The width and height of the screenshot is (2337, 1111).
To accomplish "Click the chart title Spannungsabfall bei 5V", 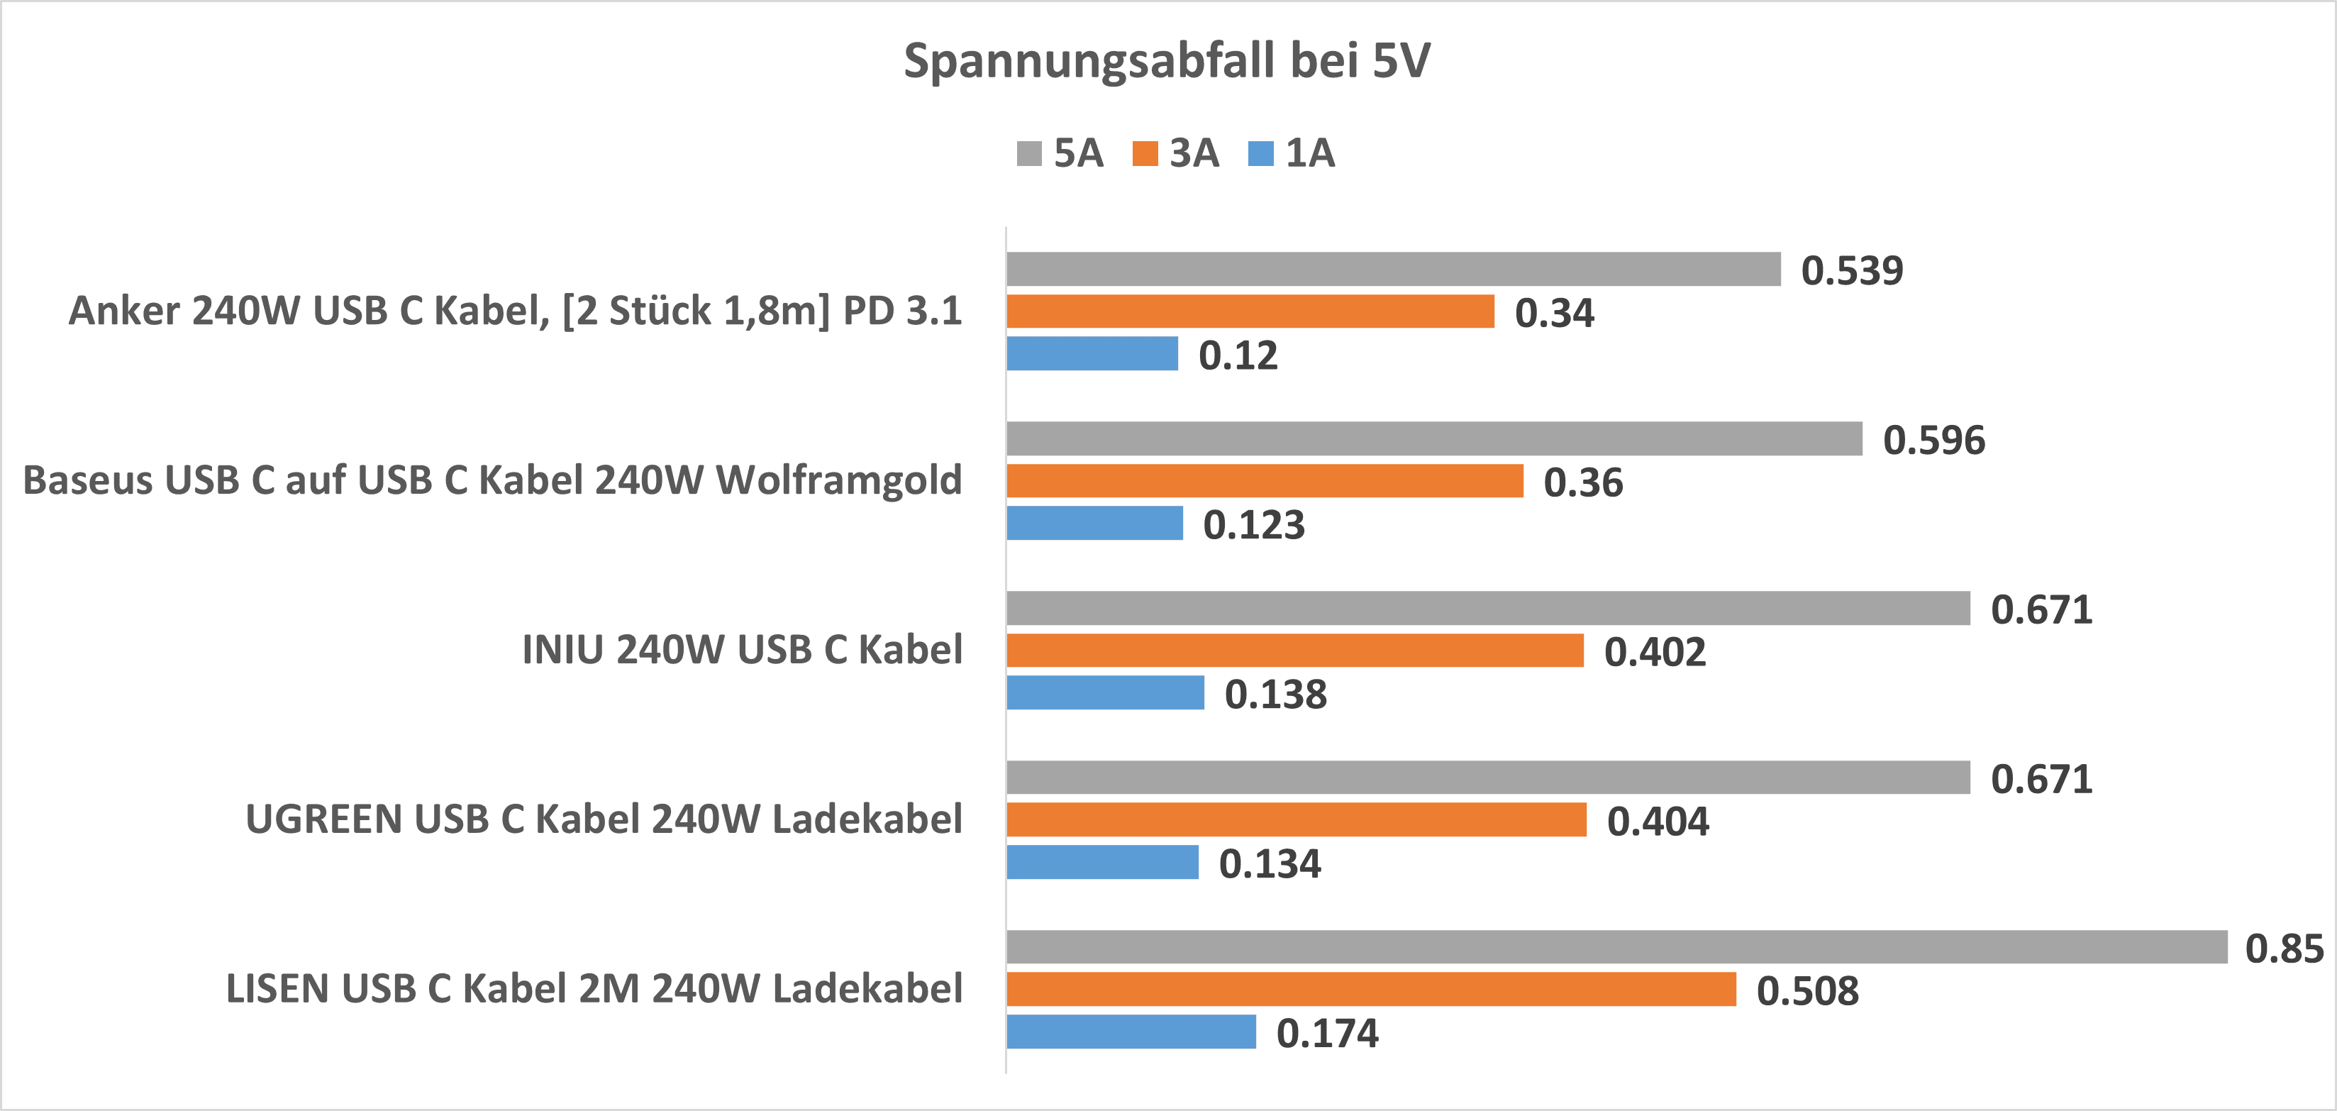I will pyautogui.click(x=1167, y=62).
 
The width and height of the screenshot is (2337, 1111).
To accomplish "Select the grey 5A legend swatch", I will pyautogui.click(x=1029, y=153).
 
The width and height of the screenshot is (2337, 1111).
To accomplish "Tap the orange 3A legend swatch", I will pyautogui.click(x=1145, y=153).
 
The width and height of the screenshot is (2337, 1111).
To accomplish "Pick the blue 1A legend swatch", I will pyautogui.click(x=1261, y=153).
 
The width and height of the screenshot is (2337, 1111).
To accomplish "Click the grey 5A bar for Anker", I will pyautogui.click(x=1392, y=269).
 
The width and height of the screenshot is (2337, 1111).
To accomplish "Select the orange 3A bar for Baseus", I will pyautogui.click(x=1265, y=481).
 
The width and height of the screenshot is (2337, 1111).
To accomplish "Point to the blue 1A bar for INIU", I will pyautogui.click(x=1105, y=692).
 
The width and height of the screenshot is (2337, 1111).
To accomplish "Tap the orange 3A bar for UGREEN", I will pyautogui.click(x=1297, y=819).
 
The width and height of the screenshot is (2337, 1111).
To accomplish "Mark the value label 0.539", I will pyautogui.click(x=1852, y=270).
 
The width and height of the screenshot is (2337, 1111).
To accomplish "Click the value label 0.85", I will pyautogui.click(x=2284, y=949).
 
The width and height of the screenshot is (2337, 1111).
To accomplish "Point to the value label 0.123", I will pyautogui.click(x=1254, y=525).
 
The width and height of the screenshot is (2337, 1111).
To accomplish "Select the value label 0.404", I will pyautogui.click(x=1658, y=822).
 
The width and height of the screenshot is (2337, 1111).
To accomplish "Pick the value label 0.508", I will pyautogui.click(x=1807, y=990).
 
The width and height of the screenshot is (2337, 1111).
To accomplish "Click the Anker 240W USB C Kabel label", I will pyautogui.click(x=514, y=311).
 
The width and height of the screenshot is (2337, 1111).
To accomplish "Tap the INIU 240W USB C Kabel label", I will pyautogui.click(x=741, y=650).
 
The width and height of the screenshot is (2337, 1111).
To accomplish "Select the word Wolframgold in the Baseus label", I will pyautogui.click(x=838, y=480).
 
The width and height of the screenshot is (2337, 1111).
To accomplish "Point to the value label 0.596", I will pyautogui.click(x=1933, y=441).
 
